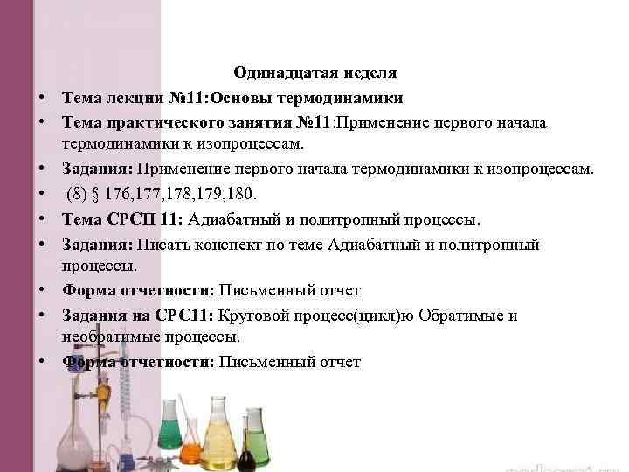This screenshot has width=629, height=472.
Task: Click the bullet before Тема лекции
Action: tap(41, 98)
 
